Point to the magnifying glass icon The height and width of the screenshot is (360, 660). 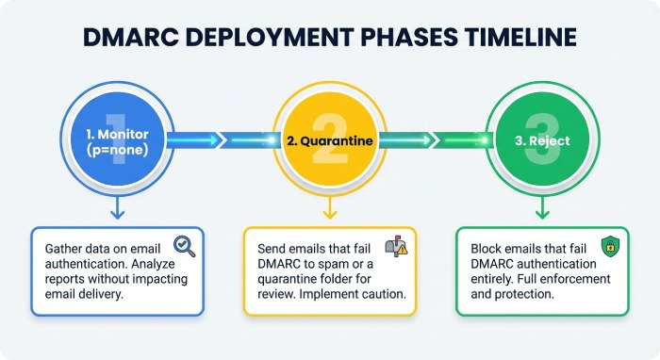point(185,248)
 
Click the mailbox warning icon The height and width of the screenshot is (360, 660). point(396,248)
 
